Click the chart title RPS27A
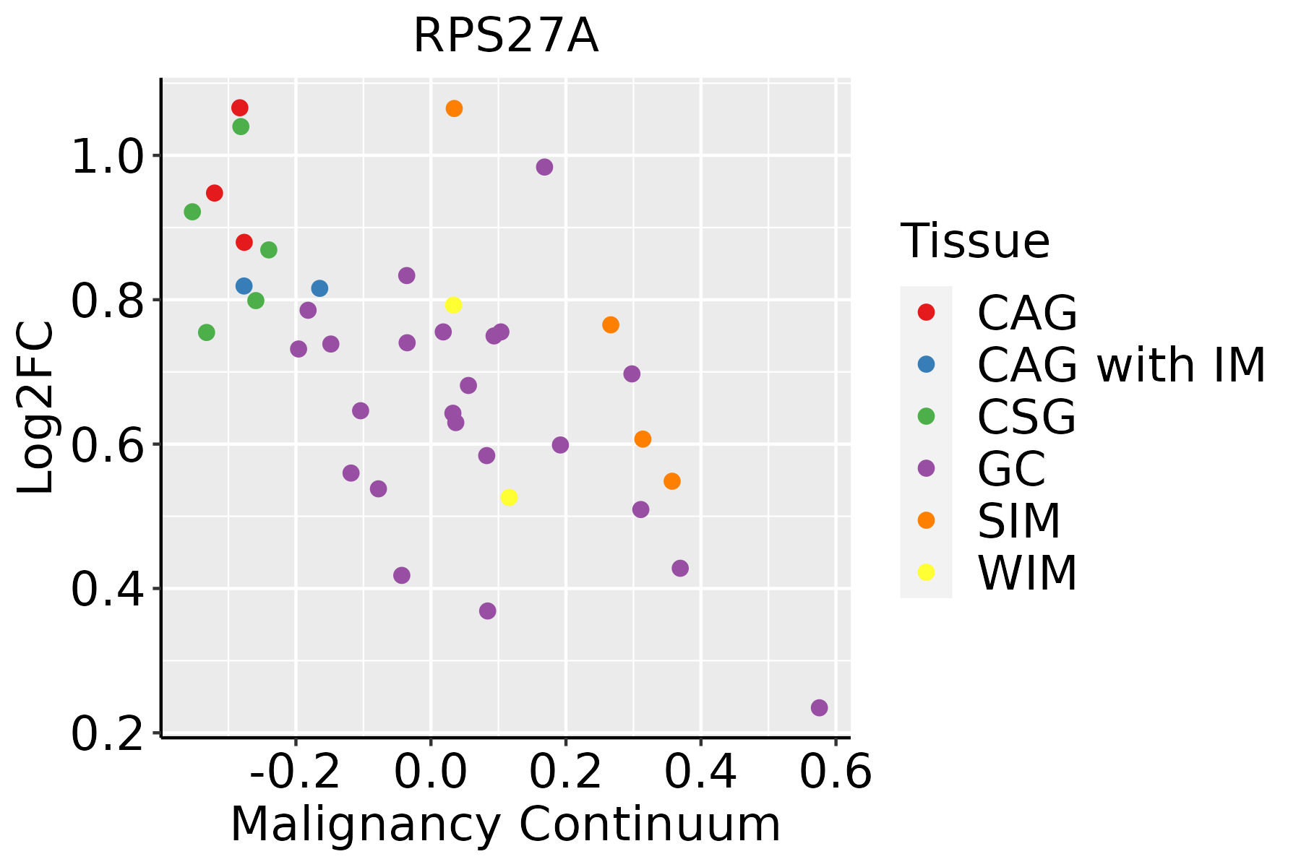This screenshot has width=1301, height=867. pyautogui.click(x=505, y=36)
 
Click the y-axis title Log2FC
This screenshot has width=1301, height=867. pyautogui.click(x=36, y=408)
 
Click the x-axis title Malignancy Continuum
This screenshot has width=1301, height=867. pyautogui.click(x=505, y=825)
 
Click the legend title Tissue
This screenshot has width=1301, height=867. pyautogui.click(x=975, y=241)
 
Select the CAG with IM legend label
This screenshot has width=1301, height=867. pyautogui.click(x=1121, y=365)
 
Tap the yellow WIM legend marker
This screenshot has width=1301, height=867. pyautogui.click(x=926, y=572)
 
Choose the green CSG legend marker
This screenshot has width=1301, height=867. pyautogui.click(x=926, y=416)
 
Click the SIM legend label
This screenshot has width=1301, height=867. pyautogui.click(x=1019, y=521)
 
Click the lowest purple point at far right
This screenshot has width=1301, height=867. pyautogui.click(x=819, y=707)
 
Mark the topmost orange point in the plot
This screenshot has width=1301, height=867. pyautogui.click(x=454, y=108)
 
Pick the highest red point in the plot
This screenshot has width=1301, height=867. pyautogui.click(x=240, y=108)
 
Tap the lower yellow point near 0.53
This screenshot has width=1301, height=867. pyautogui.click(x=509, y=497)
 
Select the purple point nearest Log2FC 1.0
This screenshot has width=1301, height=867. pyautogui.click(x=544, y=167)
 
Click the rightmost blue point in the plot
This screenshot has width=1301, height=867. pyautogui.click(x=319, y=288)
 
